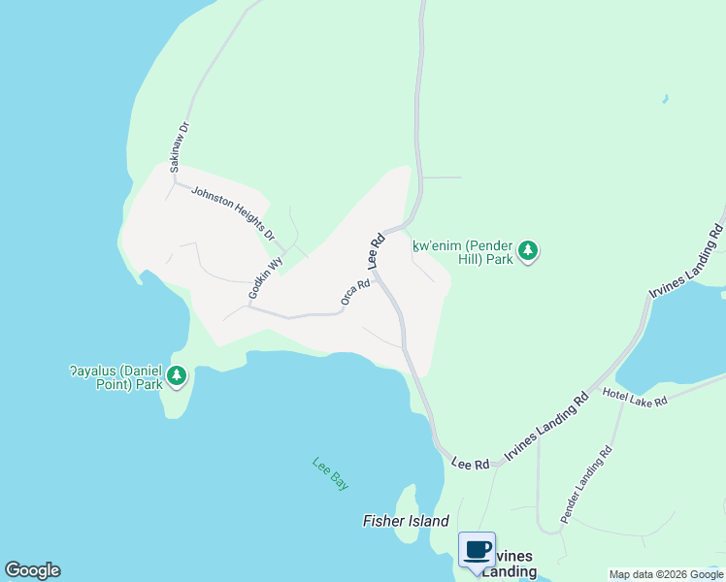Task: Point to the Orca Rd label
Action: pos(355,293)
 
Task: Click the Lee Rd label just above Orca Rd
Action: pos(376,251)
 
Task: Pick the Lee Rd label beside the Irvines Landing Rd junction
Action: pos(471,465)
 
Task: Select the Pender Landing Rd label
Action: pos(586,479)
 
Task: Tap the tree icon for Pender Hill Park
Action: pos(527,251)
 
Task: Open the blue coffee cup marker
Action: pos(477,550)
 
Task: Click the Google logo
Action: pos(32,570)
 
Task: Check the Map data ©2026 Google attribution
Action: pos(666,574)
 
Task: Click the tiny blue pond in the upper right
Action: pos(664,99)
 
